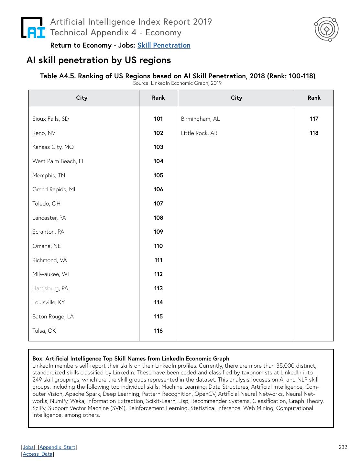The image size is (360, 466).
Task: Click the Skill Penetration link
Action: [x=164, y=45]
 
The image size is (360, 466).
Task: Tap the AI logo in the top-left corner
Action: [x=33, y=28]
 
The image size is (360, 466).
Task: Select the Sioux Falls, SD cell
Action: [x=51, y=119]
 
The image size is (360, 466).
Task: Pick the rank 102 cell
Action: [x=158, y=133]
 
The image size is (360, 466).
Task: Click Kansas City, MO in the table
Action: [x=53, y=147]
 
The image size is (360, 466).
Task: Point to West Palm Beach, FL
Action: [x=59, y=161]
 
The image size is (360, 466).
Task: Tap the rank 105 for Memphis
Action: [x=158, y=175]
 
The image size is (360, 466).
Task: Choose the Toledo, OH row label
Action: [x=47, y=204]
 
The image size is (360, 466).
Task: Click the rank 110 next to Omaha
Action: [x=158, y=246]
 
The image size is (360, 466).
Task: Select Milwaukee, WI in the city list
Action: [x=51, y=274]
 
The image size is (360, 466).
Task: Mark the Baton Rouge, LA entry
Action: [x=53, y=316]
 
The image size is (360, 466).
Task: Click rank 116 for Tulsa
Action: [x=158, y=331]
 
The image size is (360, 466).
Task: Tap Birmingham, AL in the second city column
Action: [x=201, y=119]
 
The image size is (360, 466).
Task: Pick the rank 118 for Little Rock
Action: [x=314, y=133]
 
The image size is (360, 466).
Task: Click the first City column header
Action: [x=82, y=98]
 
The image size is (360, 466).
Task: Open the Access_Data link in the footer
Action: [x=38, y=454]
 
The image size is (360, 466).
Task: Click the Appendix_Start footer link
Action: [x=57, y=447]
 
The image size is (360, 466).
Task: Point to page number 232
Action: [x=343, y=447]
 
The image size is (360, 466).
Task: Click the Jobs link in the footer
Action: [x=28, y=447]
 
